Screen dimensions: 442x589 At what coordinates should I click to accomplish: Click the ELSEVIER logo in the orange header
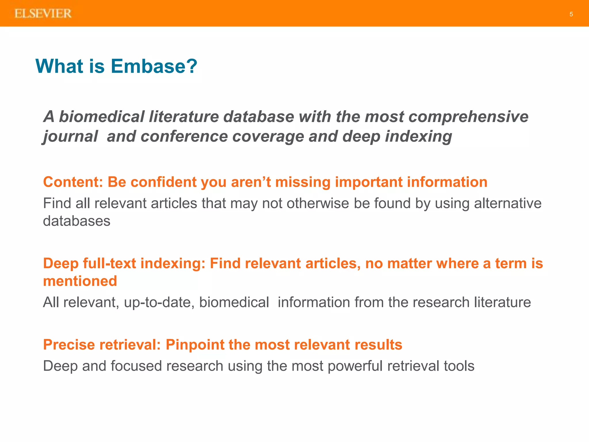[43, 14]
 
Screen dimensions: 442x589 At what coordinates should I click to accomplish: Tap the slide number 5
[571, 14]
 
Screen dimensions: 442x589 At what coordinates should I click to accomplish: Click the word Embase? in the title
[154, 66]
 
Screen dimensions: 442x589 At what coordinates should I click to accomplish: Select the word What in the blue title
[59, 66]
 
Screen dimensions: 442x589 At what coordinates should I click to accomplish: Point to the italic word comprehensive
[468, 117]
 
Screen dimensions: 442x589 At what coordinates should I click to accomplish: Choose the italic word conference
[184, 136]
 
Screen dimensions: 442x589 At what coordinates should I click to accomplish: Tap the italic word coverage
[268, 136]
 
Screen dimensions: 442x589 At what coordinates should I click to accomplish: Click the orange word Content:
[73, 182]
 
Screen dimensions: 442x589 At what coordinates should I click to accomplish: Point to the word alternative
[508, 203]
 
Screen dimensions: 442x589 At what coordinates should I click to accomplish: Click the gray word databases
[77, 221]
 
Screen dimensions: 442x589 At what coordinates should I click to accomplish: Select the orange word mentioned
[80, 281]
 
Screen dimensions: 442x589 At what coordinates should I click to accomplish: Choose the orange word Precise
[69, 345]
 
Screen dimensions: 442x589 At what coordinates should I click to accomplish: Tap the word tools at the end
[459, 366]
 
